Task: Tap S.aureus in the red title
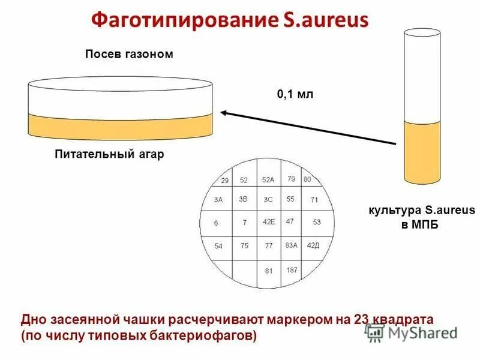pos(324,22)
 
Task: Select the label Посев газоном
pos(128,55)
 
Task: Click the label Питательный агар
pos(108,154)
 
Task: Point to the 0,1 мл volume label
pos(295,95)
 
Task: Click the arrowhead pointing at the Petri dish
pos(223,112)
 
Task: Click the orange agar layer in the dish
pos(120,126)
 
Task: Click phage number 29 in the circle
pos(225,180)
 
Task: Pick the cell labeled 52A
pos(268,179)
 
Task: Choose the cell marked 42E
pos(268,221)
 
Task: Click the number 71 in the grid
pos(314,200)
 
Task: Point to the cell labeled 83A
pos(292,245)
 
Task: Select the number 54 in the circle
pos(218,246)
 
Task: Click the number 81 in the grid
pos(268,271)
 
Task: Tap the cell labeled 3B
pos(243,199)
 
